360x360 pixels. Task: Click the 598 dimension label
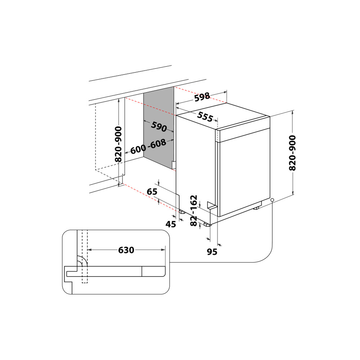coord(202,97)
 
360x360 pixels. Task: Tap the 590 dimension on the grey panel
coord(159,127)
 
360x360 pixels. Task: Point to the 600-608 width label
coord(148,147)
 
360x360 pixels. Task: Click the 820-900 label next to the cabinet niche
coord(118,144)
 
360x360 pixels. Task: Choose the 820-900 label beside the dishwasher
coord(292,153)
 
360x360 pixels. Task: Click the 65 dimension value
coord(152,192)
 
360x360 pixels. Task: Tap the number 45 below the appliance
coord(171,224)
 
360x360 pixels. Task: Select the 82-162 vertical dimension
coord(194,211)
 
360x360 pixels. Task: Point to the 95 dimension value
coord(212,252)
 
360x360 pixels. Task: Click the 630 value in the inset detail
coord(126,249)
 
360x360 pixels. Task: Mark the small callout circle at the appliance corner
coord(272,200)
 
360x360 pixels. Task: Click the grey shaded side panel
coord(159,130)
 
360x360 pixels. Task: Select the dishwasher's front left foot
coord(207,225)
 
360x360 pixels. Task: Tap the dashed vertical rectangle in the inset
coord(85,256)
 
